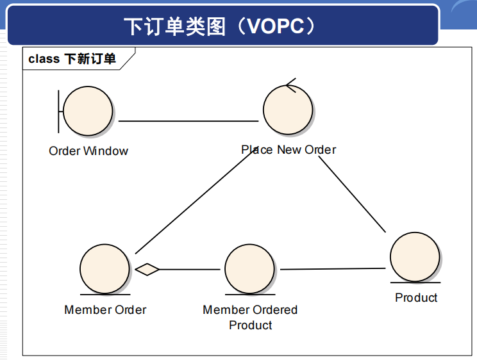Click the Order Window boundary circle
88,111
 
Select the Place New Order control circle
289,111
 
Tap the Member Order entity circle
105,268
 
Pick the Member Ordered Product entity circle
250,269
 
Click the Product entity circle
415,257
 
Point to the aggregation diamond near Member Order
147,270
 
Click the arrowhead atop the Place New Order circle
290,85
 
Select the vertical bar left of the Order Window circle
59,111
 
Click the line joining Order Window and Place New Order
188,121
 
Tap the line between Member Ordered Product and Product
333,269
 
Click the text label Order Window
88,151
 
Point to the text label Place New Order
289,150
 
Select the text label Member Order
105,310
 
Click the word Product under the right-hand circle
416,298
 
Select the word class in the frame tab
44,59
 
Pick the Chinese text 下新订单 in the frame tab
90,59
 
